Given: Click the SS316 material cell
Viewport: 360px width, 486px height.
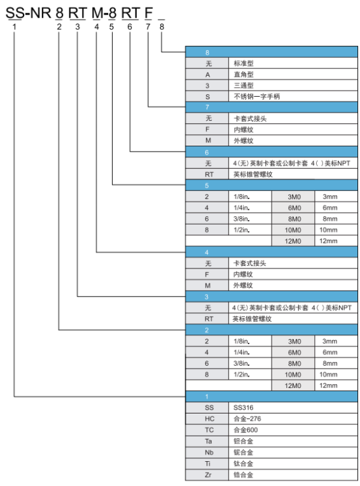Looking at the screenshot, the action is point(293,408).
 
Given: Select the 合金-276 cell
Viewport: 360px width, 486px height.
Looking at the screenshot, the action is point(293,419).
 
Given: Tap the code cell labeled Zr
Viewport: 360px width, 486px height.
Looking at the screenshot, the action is point(207,475).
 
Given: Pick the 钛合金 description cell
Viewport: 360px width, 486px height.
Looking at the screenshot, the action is point(293,463).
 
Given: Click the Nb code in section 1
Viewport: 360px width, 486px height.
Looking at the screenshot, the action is point(207,452).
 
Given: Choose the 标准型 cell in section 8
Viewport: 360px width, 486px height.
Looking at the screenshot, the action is point(293,63).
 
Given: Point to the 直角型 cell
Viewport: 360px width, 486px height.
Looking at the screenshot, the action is point(293,74).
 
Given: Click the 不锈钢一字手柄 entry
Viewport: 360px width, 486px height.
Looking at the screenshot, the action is point(293,97).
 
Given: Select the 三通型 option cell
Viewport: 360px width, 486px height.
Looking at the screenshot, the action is point(293,85).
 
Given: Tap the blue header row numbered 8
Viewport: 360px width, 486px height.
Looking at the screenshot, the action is point(272,52).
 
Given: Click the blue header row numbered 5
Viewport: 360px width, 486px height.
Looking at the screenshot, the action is point(272,185).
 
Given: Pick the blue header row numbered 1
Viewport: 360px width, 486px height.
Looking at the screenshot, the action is point(272,396).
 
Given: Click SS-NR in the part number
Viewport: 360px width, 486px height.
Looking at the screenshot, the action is point(28,13).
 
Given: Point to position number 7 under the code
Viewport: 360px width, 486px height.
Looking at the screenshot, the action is point(148,27).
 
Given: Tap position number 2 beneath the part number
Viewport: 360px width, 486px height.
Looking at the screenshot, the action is point(59,27).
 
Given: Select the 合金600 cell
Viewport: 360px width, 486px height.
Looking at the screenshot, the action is point(293,430).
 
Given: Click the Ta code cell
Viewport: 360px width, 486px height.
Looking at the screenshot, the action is point(207,441).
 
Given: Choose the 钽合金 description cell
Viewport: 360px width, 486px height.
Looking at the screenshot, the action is point(293,441).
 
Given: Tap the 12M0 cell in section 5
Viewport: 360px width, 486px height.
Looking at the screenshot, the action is point(293,241).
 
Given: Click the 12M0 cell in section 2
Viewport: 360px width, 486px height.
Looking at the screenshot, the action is point(293,385).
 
